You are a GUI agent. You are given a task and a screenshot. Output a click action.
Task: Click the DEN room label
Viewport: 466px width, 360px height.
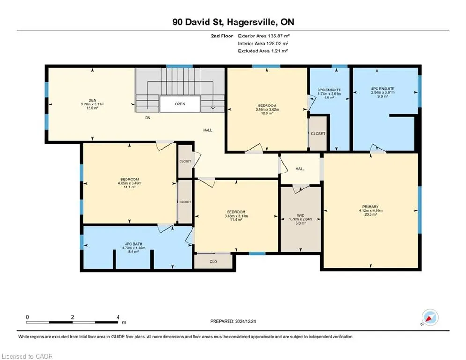point(92,101)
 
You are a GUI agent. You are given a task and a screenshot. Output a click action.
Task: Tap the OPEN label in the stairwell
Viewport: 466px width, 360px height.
point(180,104)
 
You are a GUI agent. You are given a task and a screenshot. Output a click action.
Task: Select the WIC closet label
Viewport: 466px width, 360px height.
point(301,216)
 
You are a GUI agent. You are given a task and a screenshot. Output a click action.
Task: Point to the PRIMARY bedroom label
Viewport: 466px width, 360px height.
point(370,207)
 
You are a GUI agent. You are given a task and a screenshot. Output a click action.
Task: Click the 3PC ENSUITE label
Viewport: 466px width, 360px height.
point(329,90)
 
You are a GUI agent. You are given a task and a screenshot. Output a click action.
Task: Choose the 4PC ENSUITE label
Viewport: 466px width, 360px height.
point(383,89)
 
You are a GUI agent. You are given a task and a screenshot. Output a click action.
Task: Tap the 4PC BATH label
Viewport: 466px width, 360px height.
point(133,244)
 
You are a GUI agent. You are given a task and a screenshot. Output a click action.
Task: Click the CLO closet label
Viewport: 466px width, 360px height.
point(213,262)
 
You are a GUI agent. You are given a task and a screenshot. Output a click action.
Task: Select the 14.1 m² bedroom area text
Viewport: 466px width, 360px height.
point(130,187)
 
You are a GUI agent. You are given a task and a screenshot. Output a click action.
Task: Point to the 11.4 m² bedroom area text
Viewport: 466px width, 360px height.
point(236,220)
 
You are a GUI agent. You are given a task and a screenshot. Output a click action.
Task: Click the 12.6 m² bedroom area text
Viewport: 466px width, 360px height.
point(267,113)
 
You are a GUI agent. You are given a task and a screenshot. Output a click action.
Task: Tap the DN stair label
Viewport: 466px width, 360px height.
point(148,118)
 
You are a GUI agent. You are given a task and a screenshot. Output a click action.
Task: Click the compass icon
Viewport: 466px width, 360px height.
point(430,318)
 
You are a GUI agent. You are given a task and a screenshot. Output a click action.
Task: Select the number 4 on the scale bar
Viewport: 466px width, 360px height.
point(118,317)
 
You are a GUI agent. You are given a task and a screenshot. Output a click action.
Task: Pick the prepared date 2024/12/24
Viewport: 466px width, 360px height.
point(245,321)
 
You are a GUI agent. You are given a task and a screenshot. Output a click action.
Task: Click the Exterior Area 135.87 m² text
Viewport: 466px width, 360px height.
point(264,36)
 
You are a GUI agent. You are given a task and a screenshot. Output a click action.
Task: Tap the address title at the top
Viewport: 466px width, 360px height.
point(233,22)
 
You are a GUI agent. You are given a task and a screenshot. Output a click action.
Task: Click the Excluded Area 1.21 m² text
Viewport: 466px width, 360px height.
point(263,51)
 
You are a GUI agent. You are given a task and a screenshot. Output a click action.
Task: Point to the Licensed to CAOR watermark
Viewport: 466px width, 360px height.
point(27,356)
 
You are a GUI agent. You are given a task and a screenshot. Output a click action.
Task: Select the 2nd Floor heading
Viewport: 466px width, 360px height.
point(222,36)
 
